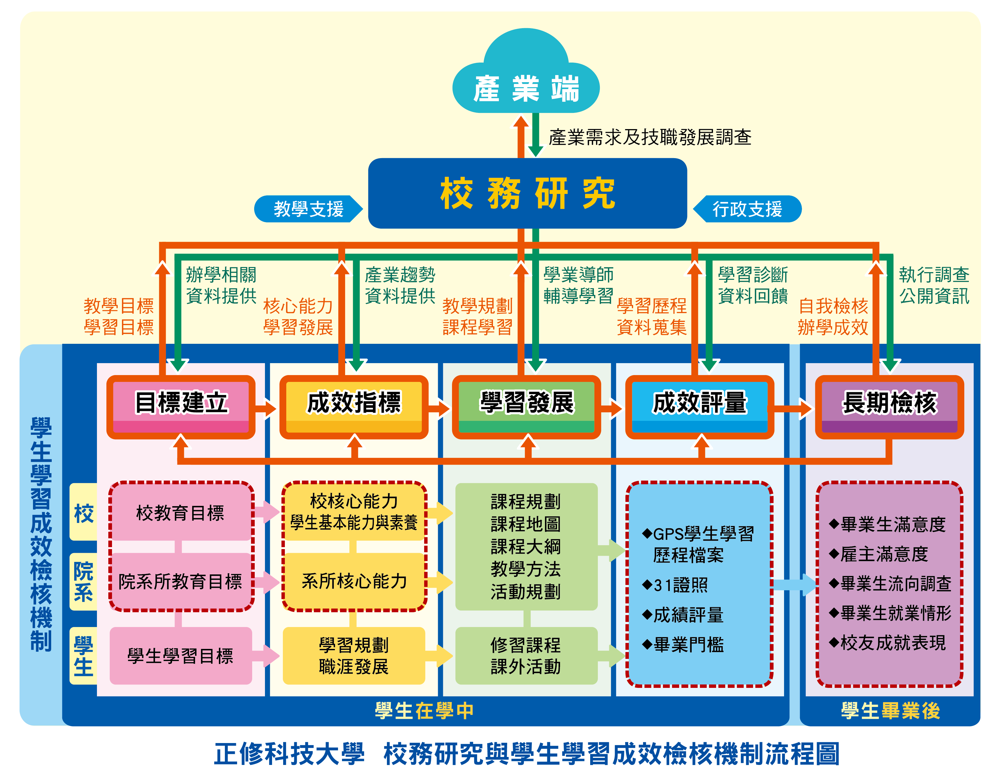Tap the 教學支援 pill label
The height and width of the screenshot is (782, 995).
(308, 209)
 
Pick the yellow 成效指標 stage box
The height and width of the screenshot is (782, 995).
(353, 406)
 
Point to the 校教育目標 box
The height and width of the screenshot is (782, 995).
(180, 513)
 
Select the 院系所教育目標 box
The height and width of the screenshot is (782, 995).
(180, 582)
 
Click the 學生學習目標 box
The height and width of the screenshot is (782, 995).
(180, 656)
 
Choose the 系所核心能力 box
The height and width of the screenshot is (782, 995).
(354, 582)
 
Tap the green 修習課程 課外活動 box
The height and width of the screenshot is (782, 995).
(526, 656)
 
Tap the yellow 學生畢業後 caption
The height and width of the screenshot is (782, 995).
(890, 711)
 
